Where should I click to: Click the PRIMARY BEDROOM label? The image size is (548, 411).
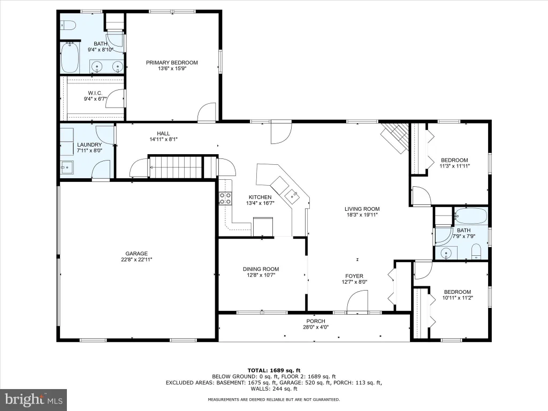[x=172, y=63]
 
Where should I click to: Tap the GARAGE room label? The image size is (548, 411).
[x=136, y=253]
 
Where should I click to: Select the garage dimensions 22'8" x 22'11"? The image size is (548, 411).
[x=136, y=260]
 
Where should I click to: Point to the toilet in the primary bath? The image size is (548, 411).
[x=68, y=25]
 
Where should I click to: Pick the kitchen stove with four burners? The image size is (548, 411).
[x=225, y=199]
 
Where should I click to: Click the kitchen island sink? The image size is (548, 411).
[x=292, y=196]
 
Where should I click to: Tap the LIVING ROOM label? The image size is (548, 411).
[x=362, y=209]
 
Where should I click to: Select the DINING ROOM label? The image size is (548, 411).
[x=261, y=269]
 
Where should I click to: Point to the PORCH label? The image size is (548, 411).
[x=316, y=321]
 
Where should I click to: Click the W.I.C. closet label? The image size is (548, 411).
[x=95, y=93]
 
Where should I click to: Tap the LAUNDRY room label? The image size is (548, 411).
[x=89, y=144]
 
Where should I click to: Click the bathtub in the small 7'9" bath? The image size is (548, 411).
[x=471, y=216]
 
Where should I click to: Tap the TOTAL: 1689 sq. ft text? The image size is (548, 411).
[x=273, y=370]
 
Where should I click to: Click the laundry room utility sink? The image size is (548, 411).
[x=67, y=168]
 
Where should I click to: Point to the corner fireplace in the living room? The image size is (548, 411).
[x=395, y=136]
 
